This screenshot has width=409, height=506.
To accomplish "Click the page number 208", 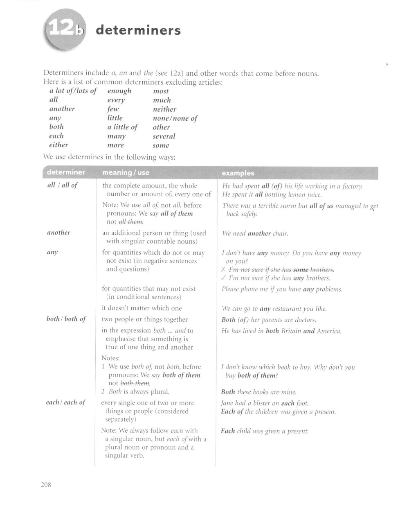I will (46, 485).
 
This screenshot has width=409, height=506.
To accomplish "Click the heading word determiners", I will (137, 31).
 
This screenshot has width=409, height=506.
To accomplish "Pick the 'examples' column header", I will (238, 173).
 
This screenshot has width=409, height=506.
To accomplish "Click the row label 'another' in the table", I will (58, 233).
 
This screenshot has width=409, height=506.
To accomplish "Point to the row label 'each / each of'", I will (65, 402).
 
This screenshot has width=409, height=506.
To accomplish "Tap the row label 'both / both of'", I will (66, 319).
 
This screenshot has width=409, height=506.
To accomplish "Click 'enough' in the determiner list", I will (119, 91).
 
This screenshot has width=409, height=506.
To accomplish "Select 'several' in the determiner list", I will (164, 136).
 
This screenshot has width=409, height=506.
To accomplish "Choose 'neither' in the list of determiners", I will (164, 109).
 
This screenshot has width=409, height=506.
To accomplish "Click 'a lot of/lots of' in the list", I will (73, 91).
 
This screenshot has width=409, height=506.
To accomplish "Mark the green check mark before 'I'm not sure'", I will (223, 278).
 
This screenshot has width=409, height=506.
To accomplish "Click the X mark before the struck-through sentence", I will (223, 270).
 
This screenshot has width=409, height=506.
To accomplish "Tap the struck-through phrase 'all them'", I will (130, 222).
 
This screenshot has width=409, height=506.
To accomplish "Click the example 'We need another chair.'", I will (255, 233).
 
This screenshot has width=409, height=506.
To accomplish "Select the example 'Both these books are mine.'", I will (258, 392).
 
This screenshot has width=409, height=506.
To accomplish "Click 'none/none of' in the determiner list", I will (175, 118).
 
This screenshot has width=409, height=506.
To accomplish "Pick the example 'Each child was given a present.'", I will (264, 431).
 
